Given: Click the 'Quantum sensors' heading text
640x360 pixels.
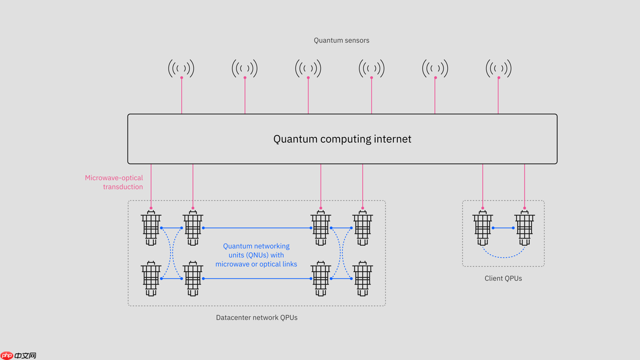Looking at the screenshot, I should (341, 40).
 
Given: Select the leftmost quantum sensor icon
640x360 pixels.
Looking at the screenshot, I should (181, 68).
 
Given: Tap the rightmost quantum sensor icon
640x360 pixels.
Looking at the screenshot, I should (499, 68).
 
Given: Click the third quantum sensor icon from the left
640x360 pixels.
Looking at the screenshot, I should (308, 68).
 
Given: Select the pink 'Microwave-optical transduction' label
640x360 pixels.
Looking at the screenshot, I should (114, 182).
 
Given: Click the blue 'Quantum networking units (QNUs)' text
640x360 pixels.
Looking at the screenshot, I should (256, 255).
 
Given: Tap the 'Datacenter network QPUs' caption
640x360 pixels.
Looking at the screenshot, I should (256, 317).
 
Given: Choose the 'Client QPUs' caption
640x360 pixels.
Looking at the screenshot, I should (503, 278).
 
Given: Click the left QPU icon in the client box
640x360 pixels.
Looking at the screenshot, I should (483, 228).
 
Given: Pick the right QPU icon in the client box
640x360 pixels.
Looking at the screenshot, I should (524, 228).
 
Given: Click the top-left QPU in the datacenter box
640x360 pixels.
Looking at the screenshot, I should (151, 228).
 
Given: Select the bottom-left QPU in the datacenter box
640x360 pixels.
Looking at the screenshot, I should (151, 279).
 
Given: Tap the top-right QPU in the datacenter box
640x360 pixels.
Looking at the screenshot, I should (363, 228).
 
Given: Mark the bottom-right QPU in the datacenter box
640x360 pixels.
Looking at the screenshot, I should (363, 279).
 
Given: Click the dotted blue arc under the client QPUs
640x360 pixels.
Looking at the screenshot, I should (504, 257).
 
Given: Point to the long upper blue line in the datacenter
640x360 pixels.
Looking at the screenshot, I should (257, 228).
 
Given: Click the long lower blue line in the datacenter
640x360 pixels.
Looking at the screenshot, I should (257, 279).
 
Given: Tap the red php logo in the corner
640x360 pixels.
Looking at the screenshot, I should (7, 356).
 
